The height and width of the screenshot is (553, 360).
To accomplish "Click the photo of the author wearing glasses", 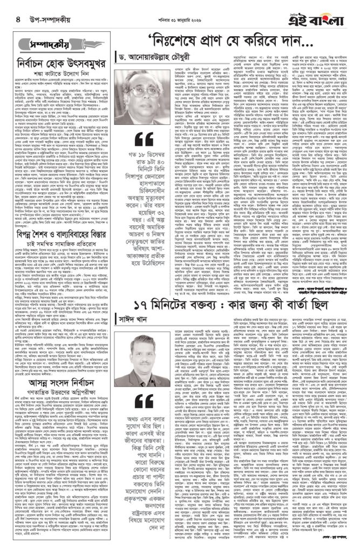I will (153, 89).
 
